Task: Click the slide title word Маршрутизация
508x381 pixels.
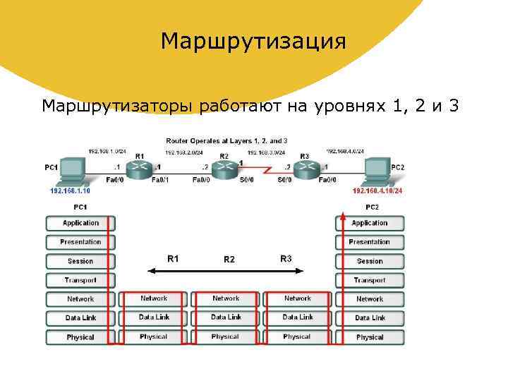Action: pyautogui.click(x=253, y=41)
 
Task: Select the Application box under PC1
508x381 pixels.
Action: pyautogui.click(x=80, y=223)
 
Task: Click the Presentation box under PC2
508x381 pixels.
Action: pyautogui.click(x=369, y=242)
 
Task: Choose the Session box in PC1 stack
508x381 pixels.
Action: pyautogui.click(x=80, y=261)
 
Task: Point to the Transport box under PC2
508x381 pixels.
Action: pyautogui.click(x=369, y=280)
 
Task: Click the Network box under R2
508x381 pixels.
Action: pyautogui.click(x=226, y=298)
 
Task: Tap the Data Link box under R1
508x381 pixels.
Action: pyautogui.click(x=154, y=317)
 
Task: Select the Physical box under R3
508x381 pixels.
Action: pyautogui.click(x=297, y=337)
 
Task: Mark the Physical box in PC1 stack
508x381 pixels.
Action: pyautogui.click(x=80, y=337)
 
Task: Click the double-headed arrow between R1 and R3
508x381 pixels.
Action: pyautogui.click(x=225, y=270)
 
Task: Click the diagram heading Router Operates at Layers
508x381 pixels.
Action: pyautogui.click(x=226, y=141)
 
